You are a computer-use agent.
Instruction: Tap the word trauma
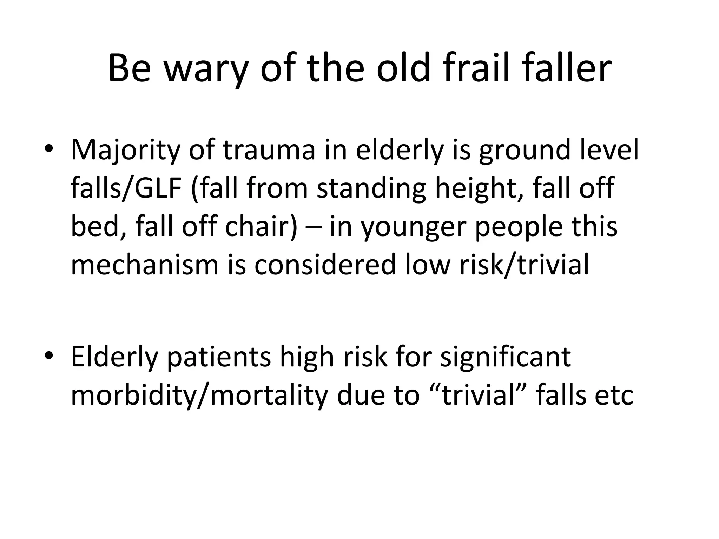(x=269, y=150)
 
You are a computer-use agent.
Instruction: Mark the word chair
(x=260, y=226)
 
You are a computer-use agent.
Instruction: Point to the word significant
(x=506, y=357)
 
